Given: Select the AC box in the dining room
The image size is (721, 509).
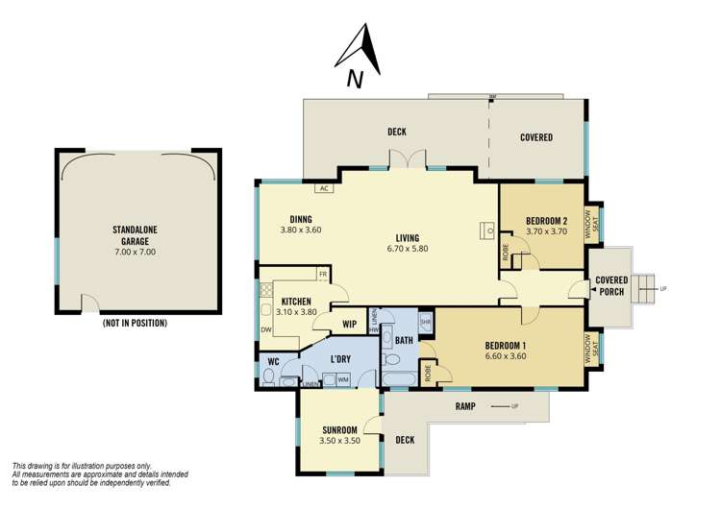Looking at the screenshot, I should click(323, 188).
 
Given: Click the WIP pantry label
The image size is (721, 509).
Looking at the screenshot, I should click(350, 325).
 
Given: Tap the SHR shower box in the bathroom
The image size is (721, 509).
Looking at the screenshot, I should click(425, 322).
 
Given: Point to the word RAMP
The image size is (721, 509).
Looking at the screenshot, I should click(465, 407).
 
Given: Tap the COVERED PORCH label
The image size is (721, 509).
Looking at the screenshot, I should click(612, 286).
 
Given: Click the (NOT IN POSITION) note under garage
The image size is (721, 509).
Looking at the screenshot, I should click(135, 323).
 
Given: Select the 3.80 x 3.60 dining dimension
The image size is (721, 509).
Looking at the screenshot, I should click(300, 230).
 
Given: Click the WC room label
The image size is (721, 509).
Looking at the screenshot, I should click(273, 361).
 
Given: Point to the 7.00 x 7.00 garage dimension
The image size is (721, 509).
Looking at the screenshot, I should click(135, 252).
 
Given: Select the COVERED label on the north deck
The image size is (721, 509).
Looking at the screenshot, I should click(536, 137).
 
